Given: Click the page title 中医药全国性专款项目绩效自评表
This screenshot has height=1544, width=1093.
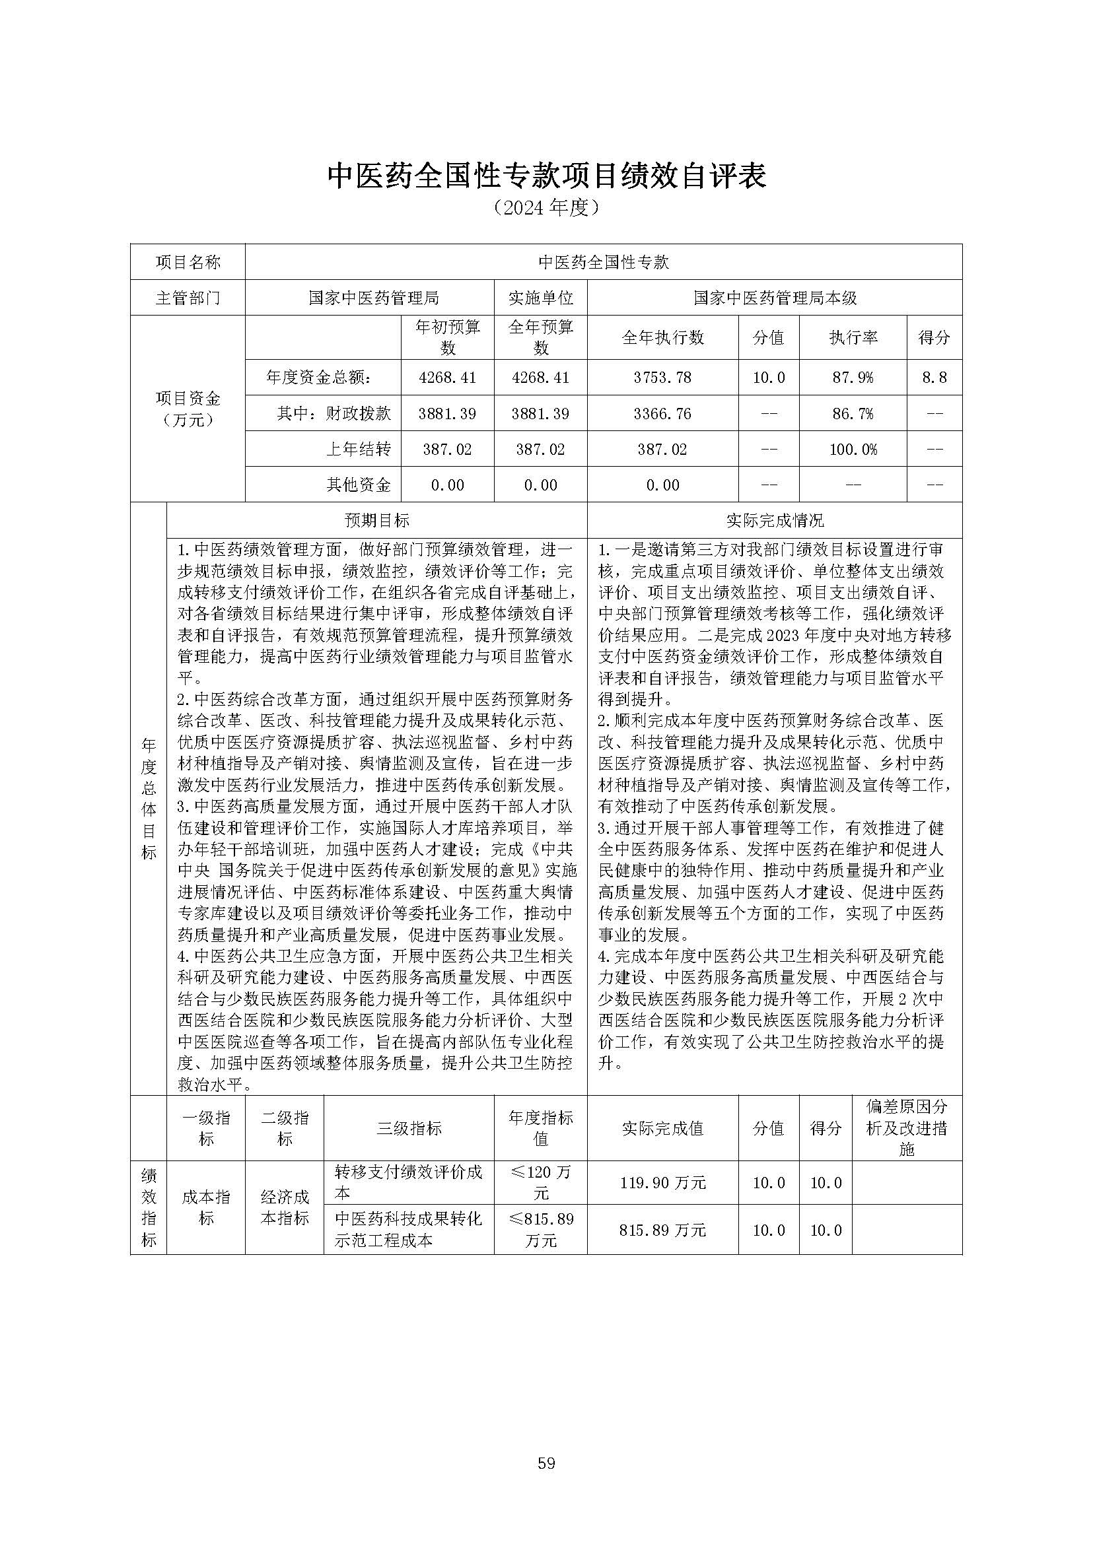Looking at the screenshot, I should [547, 177].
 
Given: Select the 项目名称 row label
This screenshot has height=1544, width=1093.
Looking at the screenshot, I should [188, 261].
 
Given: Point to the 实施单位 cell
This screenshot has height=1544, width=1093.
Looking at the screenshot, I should [540, 297].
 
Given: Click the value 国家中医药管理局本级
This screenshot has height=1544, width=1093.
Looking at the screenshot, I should [774, 297].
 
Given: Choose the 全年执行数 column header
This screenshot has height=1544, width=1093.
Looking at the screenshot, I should [662, 337].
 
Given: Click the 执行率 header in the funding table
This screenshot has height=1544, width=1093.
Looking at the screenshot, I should [853, 337].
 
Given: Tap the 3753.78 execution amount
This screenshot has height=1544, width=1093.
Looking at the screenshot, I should [662, 378].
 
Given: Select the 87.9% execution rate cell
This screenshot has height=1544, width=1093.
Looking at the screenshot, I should [853, 378].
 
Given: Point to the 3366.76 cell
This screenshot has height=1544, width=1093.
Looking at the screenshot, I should [662, 413].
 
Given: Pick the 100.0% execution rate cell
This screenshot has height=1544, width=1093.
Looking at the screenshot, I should [853, 449].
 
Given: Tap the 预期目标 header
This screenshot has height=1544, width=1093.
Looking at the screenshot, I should [377, 520].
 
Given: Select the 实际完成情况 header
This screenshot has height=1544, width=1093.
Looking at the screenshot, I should [774, 520].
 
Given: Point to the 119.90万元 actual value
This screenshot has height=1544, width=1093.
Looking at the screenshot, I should [662, 1182].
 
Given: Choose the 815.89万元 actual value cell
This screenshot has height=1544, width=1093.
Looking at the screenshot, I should [662, 1230].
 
